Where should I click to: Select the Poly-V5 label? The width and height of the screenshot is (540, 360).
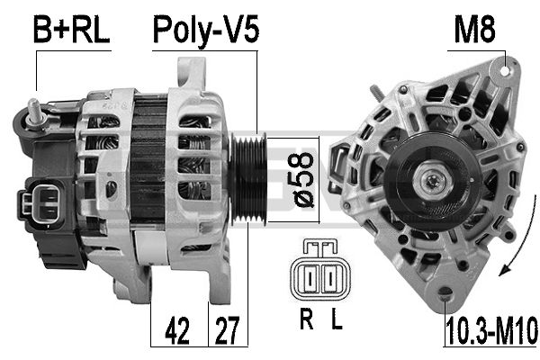click(x=205, y=30)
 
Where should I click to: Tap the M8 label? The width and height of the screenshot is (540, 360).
click(x=474, y=30)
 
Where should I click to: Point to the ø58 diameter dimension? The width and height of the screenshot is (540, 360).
click(x=304, y=179)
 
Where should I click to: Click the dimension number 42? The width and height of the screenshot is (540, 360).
click(x=177, y=332)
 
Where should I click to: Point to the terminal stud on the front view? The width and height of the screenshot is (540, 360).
click(x=372, y=93)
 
